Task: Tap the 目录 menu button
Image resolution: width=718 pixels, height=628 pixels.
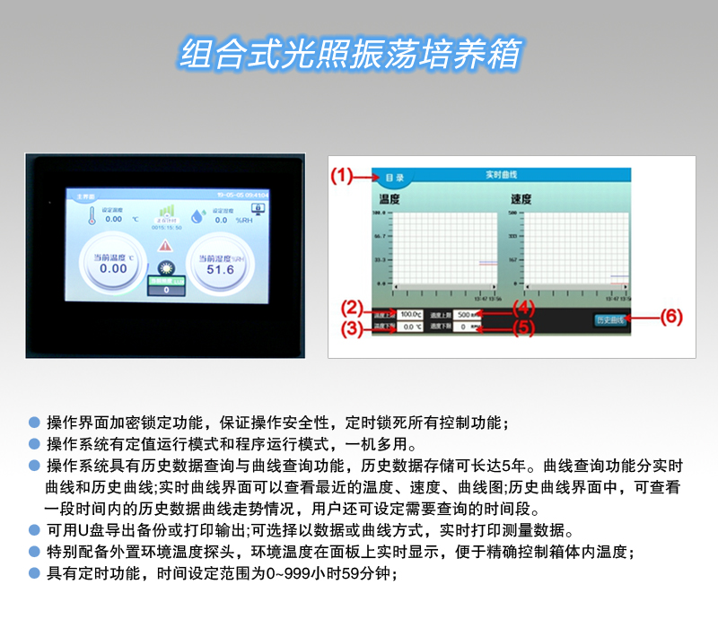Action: coord(394,178)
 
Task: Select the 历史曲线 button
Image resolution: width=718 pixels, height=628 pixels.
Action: coord(610,320)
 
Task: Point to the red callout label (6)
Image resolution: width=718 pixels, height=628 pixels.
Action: coord(671,317)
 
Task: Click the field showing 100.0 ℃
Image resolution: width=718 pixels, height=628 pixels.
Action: coord(412,314)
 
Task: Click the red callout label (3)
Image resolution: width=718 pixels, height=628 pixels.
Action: coord(355,328)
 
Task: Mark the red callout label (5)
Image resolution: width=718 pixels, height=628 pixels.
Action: coord(523,328)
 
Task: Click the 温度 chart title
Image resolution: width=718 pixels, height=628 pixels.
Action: coord(389,199)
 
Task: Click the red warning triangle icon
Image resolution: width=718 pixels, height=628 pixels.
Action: coord(166,244)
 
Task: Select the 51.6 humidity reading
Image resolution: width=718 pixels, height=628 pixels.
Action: coord(220,269)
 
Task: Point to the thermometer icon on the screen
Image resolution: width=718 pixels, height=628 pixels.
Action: coord(91,215)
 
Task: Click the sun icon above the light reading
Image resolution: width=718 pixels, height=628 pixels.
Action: coord(165,268)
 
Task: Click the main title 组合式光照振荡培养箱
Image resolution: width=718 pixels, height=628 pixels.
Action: coord(351,54)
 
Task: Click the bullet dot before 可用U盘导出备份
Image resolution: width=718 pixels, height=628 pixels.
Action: coord(34,529)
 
